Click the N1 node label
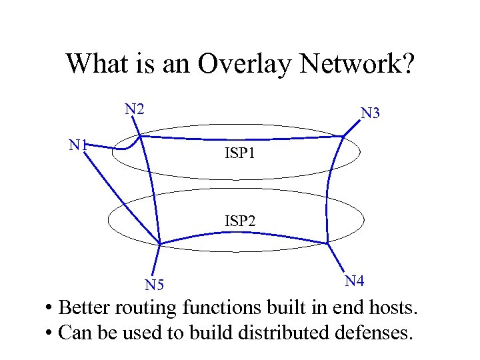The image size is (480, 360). click(x=79, y=145)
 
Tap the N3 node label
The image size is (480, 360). click(x=370, y=113)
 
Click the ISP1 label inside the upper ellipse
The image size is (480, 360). click(x=239, y=154)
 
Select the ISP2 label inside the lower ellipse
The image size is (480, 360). click(x=239, y=220)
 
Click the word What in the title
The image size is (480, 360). click(x=94, y=64)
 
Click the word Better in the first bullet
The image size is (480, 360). click(x=85, y=308)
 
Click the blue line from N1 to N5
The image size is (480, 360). click(x=123, y=193)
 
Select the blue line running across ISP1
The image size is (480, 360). click(x=240, y=138)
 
